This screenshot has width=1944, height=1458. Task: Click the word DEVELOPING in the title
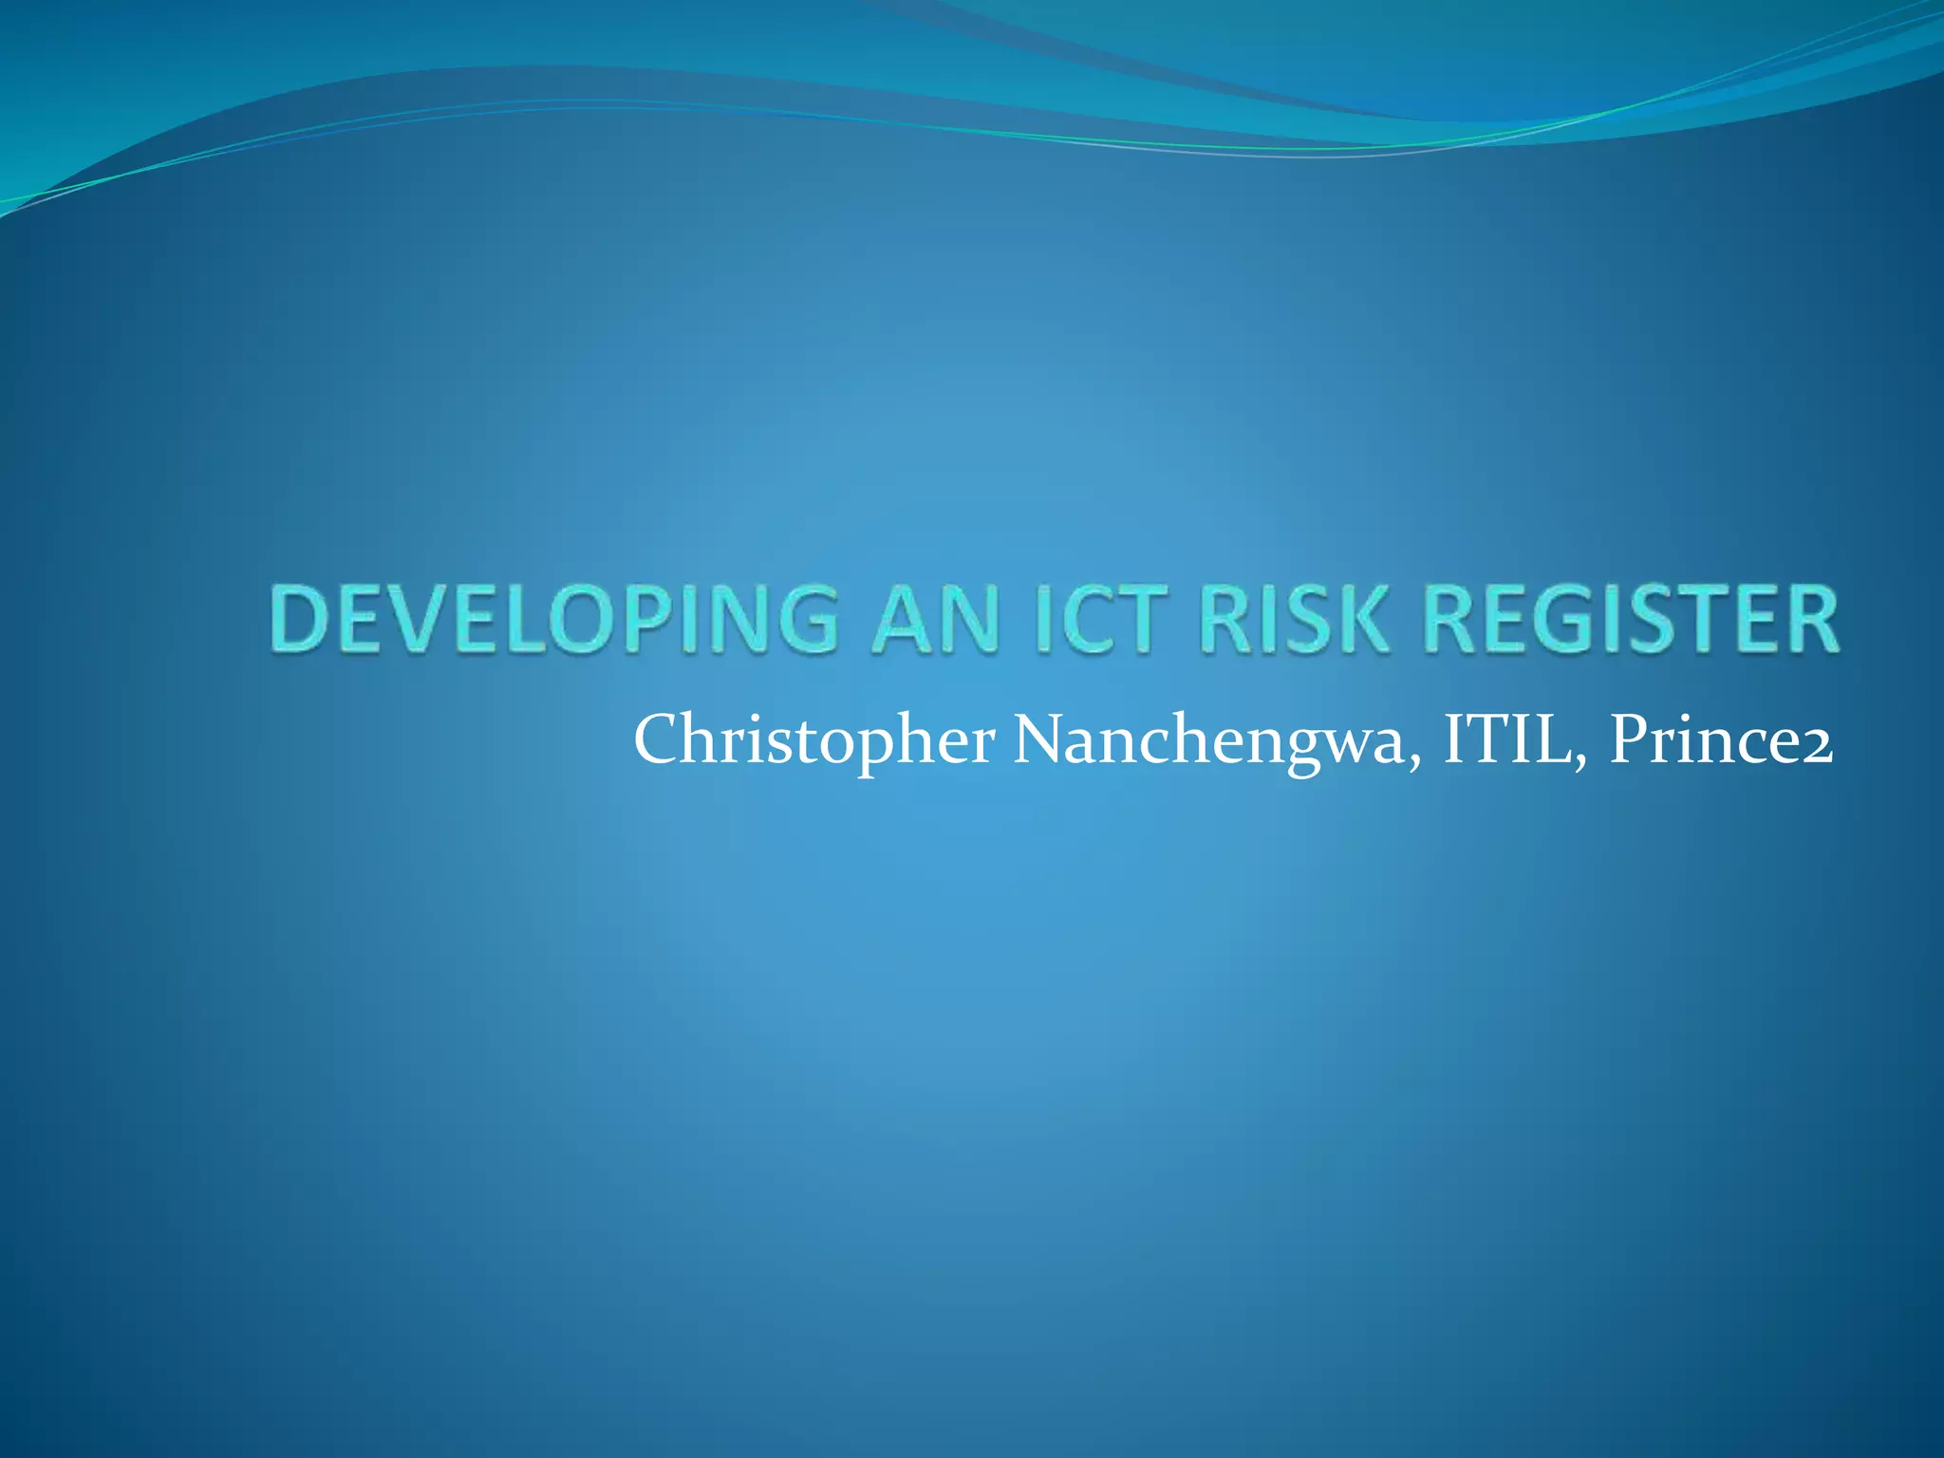click(x=554, y=619)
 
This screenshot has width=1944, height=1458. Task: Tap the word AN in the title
click(x=935, y=619)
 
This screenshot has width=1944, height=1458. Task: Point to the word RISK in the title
click(x=1294, y=619)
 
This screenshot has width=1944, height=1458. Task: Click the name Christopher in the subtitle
click(x=814, y=741)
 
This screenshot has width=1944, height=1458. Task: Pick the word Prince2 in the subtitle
click(x=1721, y=739)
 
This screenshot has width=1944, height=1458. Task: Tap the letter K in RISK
click(x=1363, y=619)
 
